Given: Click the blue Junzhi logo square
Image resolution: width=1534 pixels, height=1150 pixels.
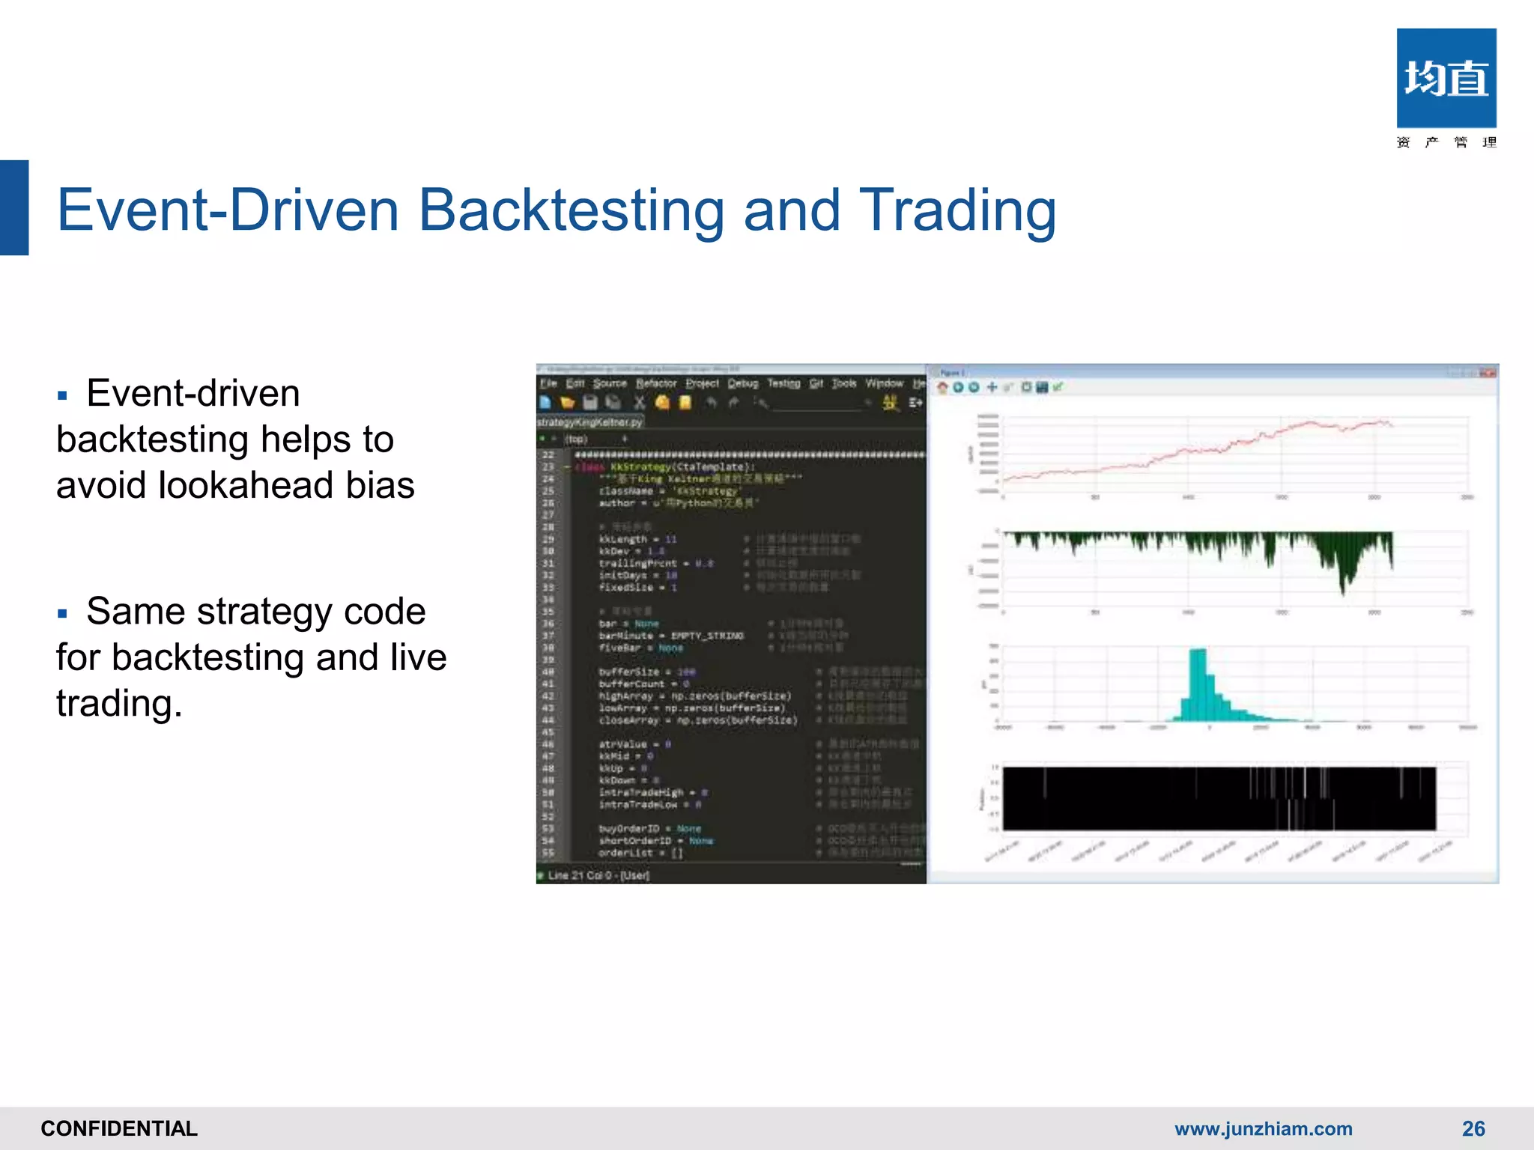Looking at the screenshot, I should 1446,78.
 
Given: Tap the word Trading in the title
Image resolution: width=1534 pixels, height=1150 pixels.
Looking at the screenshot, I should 957,211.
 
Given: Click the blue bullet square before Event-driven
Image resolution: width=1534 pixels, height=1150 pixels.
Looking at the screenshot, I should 62,395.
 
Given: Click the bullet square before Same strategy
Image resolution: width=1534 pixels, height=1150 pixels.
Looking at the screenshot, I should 62,614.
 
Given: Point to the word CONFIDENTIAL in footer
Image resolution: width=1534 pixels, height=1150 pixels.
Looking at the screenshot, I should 119,1128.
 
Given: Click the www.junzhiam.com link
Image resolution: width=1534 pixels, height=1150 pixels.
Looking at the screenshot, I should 1263,1128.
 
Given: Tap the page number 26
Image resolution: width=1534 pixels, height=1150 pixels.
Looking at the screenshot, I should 1473,1128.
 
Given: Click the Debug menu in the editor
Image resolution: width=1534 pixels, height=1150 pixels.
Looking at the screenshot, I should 742,383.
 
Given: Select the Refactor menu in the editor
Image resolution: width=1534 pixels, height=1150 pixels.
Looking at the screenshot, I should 656,383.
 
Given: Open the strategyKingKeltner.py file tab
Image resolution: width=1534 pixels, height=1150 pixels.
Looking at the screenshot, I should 590,422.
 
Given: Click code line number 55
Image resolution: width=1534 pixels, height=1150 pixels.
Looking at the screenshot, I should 548,853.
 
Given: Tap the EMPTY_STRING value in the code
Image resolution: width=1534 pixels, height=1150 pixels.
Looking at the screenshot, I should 707,636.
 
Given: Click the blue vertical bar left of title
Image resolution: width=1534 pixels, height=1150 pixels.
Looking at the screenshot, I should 14,208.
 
